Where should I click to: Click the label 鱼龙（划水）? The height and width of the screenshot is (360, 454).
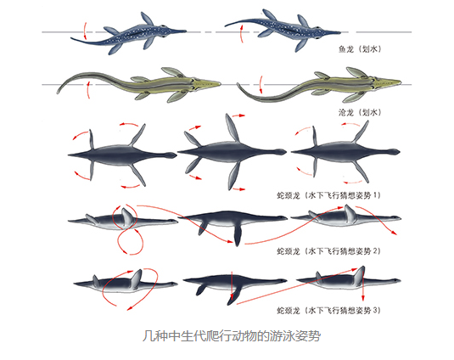click(360, 49)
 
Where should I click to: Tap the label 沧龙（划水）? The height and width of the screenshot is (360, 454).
click(360, 112)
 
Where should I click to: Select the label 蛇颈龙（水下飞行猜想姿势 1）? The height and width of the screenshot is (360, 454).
click(328, 195)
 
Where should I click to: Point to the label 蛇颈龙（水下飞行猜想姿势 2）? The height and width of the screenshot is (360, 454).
click(328, 250)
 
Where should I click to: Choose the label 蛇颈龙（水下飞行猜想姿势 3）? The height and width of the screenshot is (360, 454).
click(328, 311)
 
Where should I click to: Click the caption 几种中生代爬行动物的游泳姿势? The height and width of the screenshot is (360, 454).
click(232, 336)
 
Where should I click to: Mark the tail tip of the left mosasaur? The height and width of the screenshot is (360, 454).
click(58, 93)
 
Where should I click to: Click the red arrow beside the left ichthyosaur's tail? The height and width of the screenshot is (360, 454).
click(84, 31)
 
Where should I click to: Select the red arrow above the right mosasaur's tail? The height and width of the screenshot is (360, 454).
click(261, 85)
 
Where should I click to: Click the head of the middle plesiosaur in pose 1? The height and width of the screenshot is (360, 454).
click(281, 152)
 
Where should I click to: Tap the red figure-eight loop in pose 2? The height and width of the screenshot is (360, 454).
click(126, 229)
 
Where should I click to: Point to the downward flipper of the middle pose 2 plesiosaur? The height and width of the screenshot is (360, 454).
click(237, 235)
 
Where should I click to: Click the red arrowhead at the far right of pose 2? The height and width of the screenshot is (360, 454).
click(394, 233)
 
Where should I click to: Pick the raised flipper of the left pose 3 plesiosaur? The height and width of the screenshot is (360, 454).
click(136, 278)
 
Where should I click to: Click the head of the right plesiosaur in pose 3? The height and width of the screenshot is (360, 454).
click(395, 280)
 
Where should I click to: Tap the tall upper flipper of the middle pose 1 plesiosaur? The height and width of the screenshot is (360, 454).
click(233, 127)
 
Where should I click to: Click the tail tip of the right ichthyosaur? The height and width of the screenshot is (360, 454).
click(226, 25)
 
